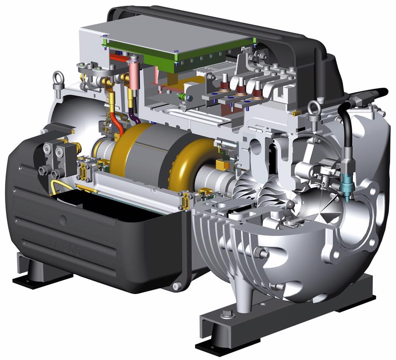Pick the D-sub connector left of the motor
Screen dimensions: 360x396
coord(82,171)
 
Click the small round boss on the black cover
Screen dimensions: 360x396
coord(63,220)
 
